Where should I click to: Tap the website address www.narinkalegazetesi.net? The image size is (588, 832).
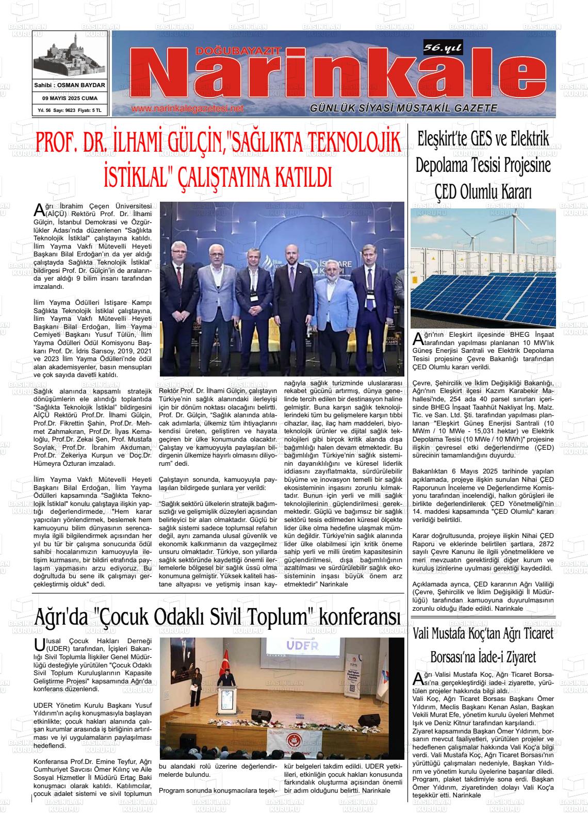click(x=187, y=109)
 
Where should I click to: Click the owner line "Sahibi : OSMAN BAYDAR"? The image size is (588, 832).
click(x=70, y=85)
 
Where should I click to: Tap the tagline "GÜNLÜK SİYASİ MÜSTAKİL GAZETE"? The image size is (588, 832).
click(x=403, y=108)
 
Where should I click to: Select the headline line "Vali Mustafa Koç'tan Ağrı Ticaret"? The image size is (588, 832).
click(x=483, y=634)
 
